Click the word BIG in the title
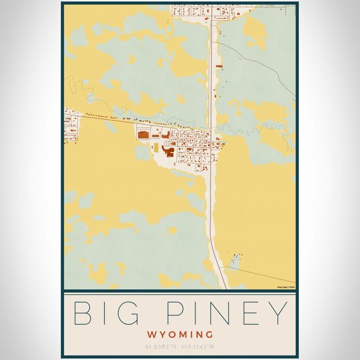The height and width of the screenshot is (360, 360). click(108, 313)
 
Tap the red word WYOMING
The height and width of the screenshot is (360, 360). click(180, 334)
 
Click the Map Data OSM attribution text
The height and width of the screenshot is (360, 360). click(286, 287)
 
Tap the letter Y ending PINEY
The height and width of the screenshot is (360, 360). click(277, 313)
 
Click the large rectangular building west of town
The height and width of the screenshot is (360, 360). click(143, 135)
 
